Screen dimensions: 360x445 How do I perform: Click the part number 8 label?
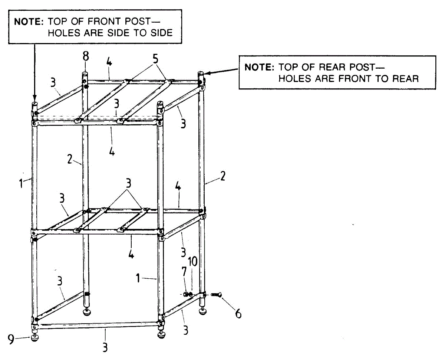[86, 57]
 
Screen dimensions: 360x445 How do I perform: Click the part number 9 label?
[11, 339]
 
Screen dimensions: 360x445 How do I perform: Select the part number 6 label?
[238, 314]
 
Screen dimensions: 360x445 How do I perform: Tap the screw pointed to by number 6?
[216, 295]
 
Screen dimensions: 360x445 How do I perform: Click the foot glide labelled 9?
[35, 337]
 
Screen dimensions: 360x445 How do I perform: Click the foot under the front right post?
[162, 336]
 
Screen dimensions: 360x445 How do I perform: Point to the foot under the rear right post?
[203, 311]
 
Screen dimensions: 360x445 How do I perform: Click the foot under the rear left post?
[87, 311]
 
